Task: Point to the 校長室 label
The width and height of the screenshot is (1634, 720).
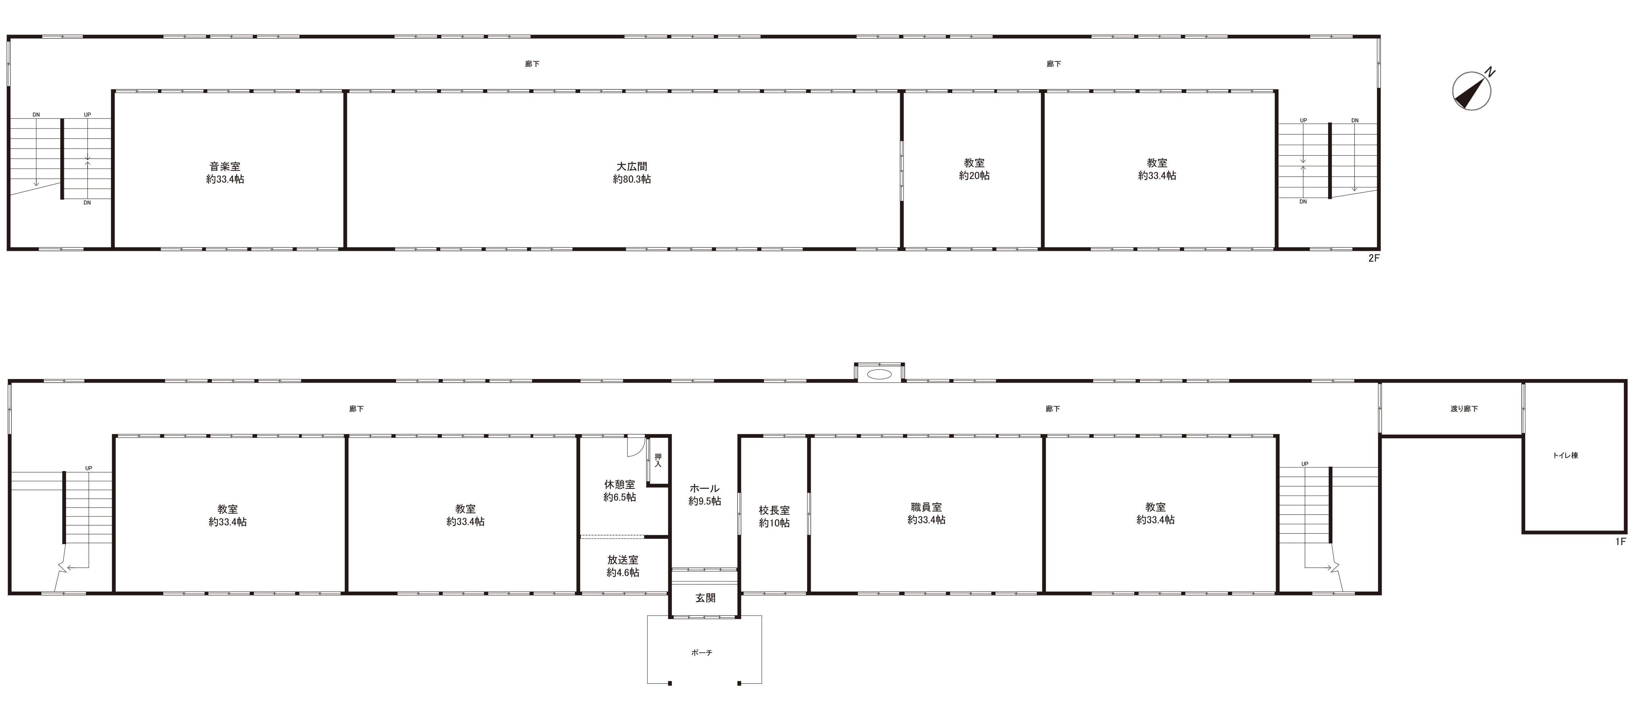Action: [x=774, y=510]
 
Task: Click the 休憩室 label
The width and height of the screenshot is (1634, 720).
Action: [x=620, y=485]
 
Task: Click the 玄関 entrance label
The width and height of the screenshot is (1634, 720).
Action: [x=706, y=598]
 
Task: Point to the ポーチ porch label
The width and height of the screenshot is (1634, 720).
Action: [x=702, y=652]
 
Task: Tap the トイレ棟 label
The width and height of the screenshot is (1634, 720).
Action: [x=1565, y=455]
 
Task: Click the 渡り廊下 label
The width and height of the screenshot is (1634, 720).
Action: [x=1464, y=408]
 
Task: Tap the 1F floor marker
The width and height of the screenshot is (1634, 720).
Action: [x=1621, y=541]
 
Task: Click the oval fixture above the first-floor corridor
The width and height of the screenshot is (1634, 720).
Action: [x=879, y=374]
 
